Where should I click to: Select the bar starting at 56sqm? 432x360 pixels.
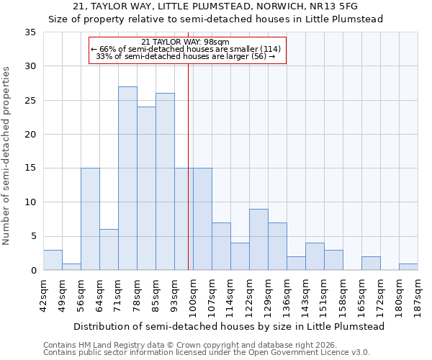tap(90, 219)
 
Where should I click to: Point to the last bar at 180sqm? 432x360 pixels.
tap(408, 266)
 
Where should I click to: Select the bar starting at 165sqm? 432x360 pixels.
tap(371, 264)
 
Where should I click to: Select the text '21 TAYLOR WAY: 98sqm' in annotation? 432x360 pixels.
tap(186, 42)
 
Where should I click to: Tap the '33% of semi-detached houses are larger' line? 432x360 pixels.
tap(186, 56)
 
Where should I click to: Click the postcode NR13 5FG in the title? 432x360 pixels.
tap(332, 6)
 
